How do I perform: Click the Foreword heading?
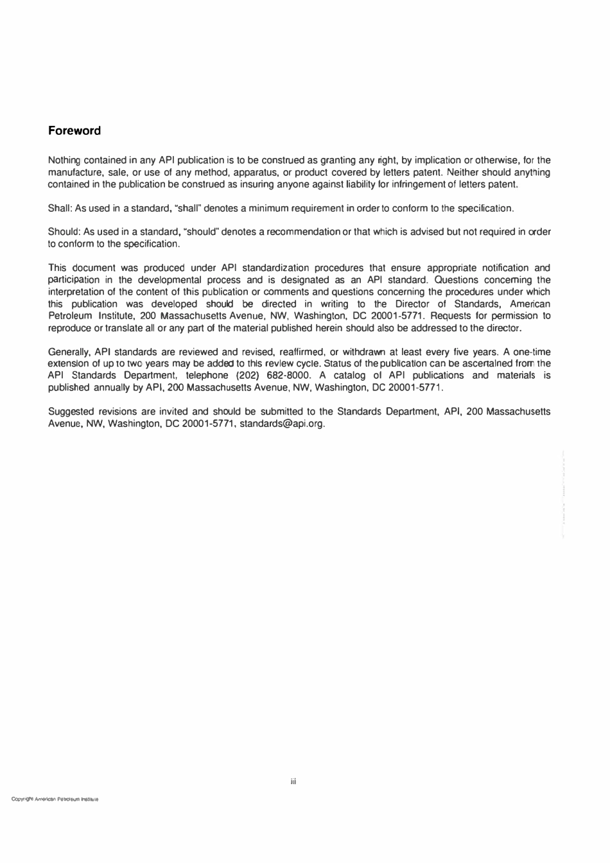click(74, 131)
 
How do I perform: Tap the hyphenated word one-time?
click(530, 352)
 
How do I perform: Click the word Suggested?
click(70, 412)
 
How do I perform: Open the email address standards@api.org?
click(282, 424)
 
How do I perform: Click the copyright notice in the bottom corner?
click(54, 800)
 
